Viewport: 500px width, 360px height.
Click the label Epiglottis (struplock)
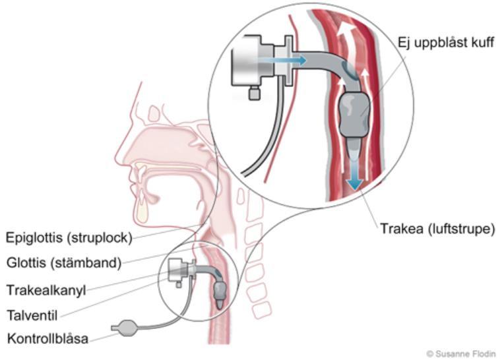coord(69,238)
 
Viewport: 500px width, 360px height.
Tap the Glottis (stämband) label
coord(64,263)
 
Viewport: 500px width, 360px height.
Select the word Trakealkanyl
coord(46,290)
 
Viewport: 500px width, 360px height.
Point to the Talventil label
coord(32,315)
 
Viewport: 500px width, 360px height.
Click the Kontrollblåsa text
coord(47,338)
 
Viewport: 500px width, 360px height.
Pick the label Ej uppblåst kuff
coord(446,42)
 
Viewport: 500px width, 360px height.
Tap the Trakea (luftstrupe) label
coord(437,229)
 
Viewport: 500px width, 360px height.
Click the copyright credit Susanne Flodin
coord(461,353)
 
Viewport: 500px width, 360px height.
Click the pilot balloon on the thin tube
coord(125,328)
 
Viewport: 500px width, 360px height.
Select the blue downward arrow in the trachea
coord(355,171)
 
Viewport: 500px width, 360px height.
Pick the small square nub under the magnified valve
coord(254,93)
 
